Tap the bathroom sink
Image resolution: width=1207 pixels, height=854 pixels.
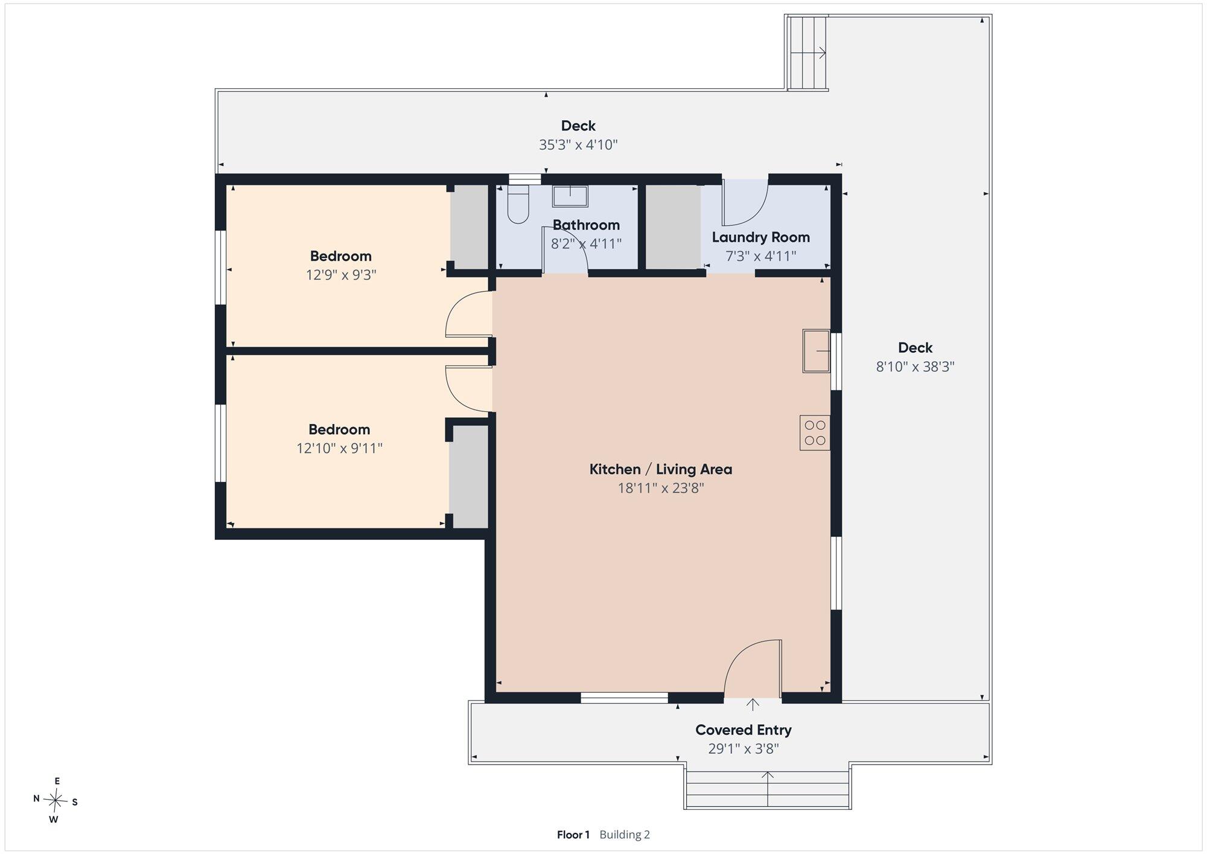point(570,196)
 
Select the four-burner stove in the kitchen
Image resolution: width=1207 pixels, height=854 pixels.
point(815,432)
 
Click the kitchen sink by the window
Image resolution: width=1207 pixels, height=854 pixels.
point(817,351)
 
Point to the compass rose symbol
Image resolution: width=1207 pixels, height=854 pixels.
point(56,801)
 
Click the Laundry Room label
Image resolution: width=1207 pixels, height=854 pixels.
point(760,237)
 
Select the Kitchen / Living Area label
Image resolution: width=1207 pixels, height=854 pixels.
point(661,469)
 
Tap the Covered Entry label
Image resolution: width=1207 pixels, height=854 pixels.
point(744,730)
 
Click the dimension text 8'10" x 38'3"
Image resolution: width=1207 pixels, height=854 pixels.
point(915,367)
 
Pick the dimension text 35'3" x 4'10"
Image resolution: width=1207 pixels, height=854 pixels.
point(578,145)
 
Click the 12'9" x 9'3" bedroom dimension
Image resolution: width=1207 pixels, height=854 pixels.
point(341,275)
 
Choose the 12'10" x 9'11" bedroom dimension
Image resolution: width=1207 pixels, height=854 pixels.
point(339,449)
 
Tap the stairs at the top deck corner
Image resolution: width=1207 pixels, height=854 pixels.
point(807,53)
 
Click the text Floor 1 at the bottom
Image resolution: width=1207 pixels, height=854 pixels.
point(573,835)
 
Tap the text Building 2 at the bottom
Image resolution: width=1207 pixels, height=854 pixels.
point(625,835)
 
